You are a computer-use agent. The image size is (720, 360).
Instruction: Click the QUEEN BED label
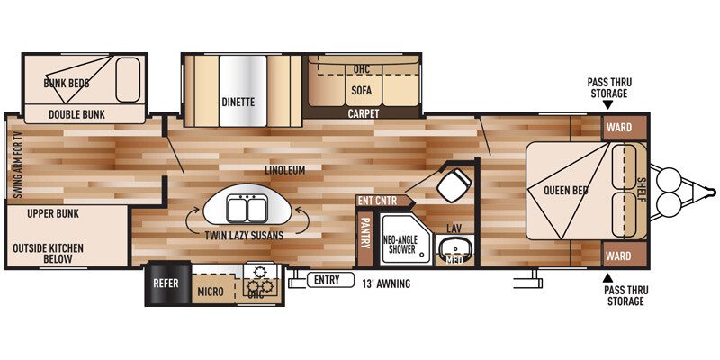(565, 190)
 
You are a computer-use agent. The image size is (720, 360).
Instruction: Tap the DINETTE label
(238, 103)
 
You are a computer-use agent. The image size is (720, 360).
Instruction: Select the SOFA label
(362, 90)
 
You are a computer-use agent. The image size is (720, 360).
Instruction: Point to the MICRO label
(210, 292)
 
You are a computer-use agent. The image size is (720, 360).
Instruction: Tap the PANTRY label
(365, 235)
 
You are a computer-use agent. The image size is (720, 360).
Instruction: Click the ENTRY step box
(327, 280)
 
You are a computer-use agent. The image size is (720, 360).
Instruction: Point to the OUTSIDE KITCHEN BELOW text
(49, 253)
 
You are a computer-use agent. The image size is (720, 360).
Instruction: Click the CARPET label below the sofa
(364, 114)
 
